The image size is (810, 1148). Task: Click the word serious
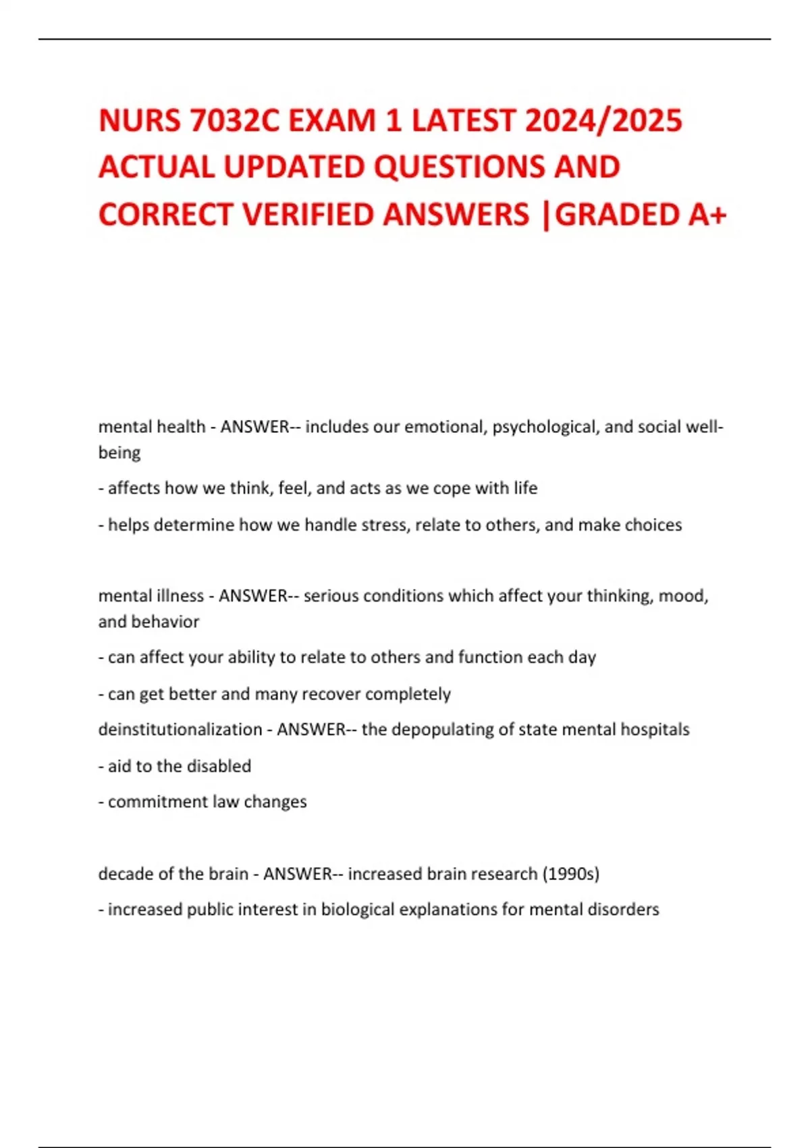(x=329, y=596)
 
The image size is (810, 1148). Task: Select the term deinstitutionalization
(x=180, y=730)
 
